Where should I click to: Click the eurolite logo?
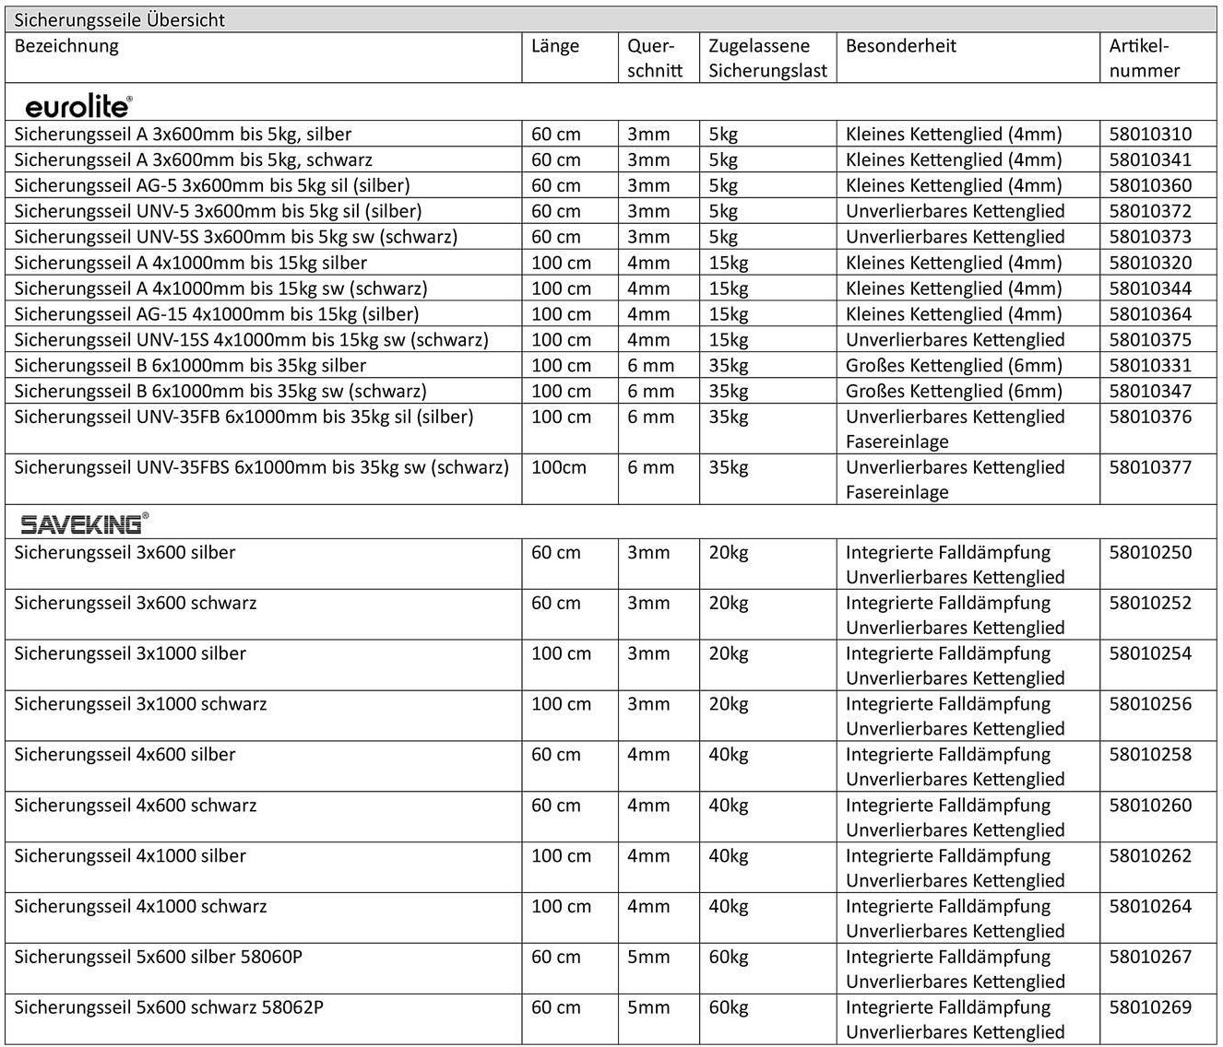click(x=78, y=107)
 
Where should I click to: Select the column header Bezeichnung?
click(x=66, y=46)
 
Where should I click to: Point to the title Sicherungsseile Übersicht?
click(x=120, y=20)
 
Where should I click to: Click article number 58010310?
click(x=1150, y=135)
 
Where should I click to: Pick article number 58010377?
click(x=1150, y=467)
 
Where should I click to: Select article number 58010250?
click(x=1150, y=553)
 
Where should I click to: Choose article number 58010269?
click(x=1150, y=1007)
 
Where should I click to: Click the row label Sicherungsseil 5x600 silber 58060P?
click(x=158, y=957)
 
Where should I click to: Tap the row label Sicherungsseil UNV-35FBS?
click(x=261, y=467)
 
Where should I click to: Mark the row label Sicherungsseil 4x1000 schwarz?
click(x=140, y=906)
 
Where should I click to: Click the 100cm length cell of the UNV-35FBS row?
click(x=559, y=467)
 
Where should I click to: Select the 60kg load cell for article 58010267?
click(x=728, y=957)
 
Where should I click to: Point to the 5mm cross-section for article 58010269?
click(x=648, y=1007)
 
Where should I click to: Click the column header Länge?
click(x=555, y=46)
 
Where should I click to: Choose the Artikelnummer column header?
click(x=1144, y=58)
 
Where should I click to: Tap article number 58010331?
click(x=1150, y=366)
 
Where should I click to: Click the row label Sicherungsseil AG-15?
click(x=216, y=314)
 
